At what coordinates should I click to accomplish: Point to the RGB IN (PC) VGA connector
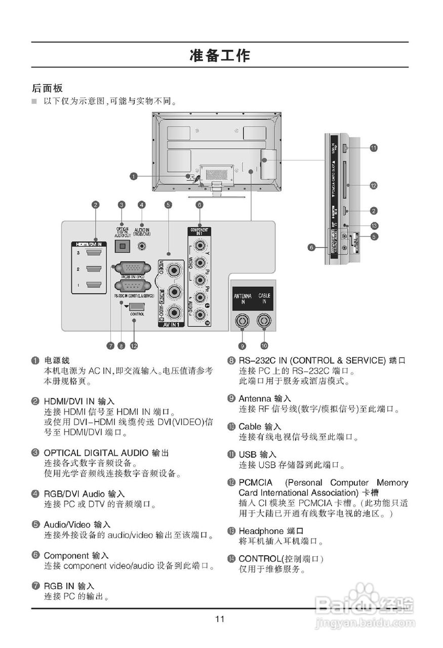pyautogui.click(x=131, y=268)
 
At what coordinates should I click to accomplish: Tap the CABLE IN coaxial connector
pyautogui.click(x=264, y=320)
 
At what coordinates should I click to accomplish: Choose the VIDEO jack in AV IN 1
pyautogui.click(x=175, y=268)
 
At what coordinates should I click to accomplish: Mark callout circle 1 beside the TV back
pyautogui.click(x=133, y=177)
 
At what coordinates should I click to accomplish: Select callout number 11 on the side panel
pyautogui.click(x=373, y=148)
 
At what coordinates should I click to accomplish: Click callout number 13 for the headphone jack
pyautogui.click(x=375, y=225)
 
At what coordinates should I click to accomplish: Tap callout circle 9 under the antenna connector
pyautogui.click(x=243, y=346)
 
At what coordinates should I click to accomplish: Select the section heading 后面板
pyautogui.click(x=47, y=88)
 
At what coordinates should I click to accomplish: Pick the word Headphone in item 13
pyautogui.click(x=261, y=531)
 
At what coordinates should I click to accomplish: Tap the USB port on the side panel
pyautogui.click(x=344, y=148)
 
